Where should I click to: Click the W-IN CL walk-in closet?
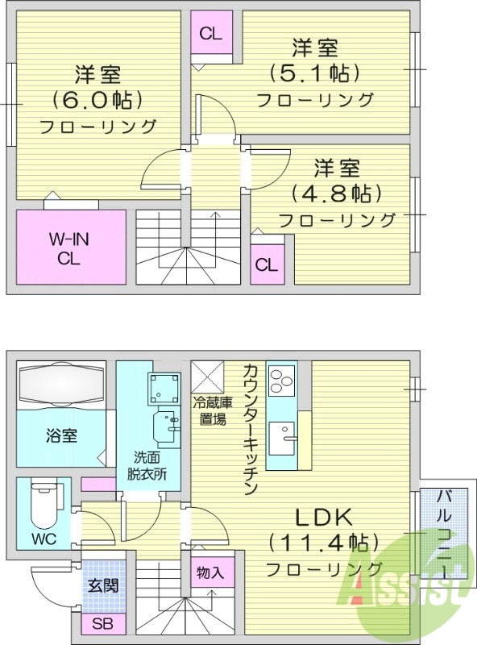(72, 247)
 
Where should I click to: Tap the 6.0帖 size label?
(97, 101)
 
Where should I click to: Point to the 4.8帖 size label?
(336, 194)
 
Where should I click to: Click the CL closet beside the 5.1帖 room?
(211, 33)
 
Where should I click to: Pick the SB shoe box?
(102, 623)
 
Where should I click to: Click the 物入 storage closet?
(210, 574)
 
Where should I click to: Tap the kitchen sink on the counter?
(281, 439)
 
